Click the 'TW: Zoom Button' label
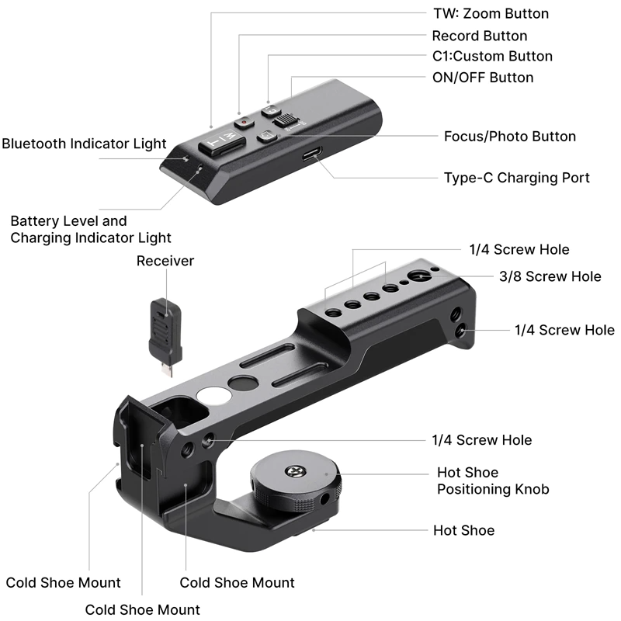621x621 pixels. tap(490, 14)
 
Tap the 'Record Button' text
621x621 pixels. tap(479, 36)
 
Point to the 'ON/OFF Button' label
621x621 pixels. tap(482, 77)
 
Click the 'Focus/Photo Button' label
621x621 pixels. tap(509, 137)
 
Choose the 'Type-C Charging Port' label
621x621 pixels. tap(516, 178)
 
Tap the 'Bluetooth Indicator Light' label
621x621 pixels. tap(84, 144)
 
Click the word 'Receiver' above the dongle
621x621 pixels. tap(165, 261)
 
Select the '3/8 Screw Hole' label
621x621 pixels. tap(549, 276)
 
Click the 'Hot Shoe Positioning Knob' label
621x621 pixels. tap(493, 480)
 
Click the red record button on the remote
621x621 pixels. tap(244, 122)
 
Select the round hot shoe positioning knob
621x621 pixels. tap(295, 479)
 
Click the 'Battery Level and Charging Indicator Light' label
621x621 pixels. tap(91, 230)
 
